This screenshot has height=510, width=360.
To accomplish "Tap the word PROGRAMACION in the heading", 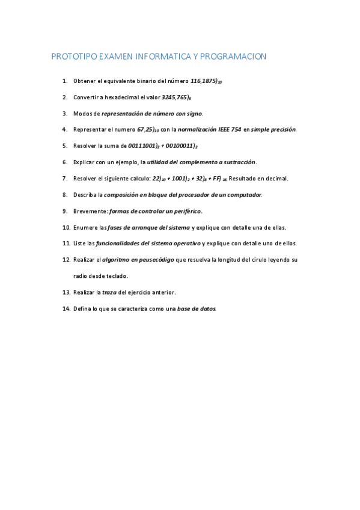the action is coord(233,57).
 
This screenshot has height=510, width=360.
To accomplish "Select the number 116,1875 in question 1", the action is coord(204,81).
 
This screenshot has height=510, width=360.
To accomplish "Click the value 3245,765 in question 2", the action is coord(175,97).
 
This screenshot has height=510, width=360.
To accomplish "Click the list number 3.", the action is coord(64,113).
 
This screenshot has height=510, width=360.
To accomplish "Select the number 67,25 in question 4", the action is coord(147,129).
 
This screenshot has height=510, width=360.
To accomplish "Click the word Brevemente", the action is coord(90,211).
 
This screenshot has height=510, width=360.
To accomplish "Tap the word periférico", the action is coord(186,211).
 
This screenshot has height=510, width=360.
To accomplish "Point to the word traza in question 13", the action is coord(109,292).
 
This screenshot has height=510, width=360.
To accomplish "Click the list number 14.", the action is coord(66,309).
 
